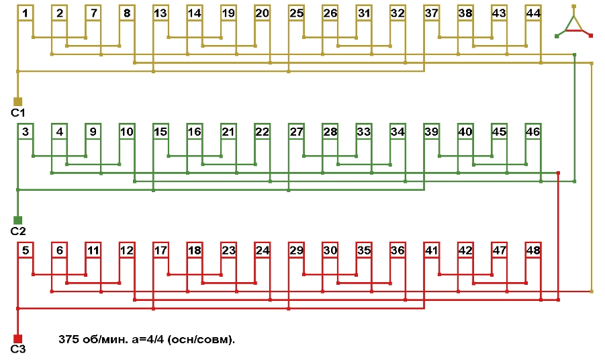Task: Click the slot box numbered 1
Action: (25, 13)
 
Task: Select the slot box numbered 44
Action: (533, 13)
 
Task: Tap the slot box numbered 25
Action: (296, 13)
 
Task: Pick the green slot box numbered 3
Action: (25, 132)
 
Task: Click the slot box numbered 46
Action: (533, 132)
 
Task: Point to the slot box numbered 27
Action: (296, 132)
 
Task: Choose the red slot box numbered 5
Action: (25, 251)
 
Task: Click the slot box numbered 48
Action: (533, 251)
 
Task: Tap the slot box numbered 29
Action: (296, 251)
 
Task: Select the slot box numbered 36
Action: (398, 251)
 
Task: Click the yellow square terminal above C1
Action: (18, 101)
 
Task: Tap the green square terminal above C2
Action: (18, 220)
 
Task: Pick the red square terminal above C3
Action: (18, 339)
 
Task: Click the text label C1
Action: (18, 113)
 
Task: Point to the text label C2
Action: (18, 231)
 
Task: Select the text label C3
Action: (18, 349)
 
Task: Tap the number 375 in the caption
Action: (69, 340)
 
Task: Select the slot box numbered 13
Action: (160, 13)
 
